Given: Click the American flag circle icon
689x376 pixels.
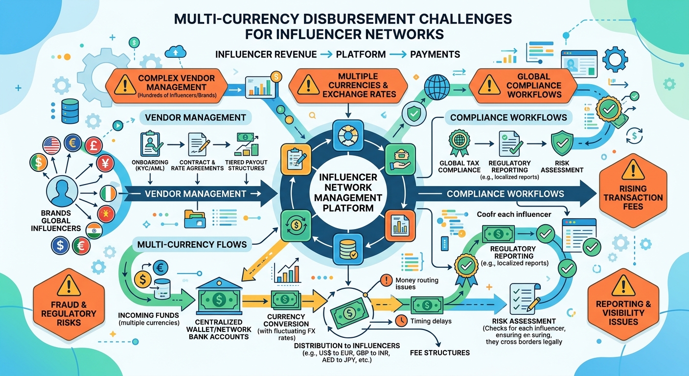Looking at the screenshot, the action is tap(52, 145).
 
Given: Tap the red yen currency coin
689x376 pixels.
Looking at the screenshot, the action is tap(105, 163).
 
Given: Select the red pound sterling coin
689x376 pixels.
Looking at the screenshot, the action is tap(94, 145).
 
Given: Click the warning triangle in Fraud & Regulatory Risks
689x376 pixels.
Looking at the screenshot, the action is tap(69, 285).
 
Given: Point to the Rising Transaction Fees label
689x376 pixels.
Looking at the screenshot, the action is tap(633, 197).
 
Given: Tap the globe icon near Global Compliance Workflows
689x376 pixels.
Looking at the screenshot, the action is tap(437, 87).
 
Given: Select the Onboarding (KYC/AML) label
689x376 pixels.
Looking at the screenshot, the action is tap(150, 165).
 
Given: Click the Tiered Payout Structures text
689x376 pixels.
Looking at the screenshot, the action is tap(246, 165).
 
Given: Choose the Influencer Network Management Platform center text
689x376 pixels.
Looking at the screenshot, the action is tap(348, 192).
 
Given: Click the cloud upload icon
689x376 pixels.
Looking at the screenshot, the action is tap(176, 52).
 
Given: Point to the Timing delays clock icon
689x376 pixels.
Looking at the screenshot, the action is tap(401, 321).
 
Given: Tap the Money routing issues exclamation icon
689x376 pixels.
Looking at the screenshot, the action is tap(386, 281).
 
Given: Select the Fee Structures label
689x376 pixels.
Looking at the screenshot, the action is tap(440, 352).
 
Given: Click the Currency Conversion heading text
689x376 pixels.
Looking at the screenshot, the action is tap(286, 320).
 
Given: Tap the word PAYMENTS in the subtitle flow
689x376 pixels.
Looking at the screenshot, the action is tap(435, 54).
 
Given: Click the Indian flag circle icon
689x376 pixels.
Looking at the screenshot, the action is tap(94, 231).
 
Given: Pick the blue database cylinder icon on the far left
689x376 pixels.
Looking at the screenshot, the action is tap(70, 111).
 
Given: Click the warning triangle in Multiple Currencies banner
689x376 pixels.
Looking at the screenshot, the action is tap(308, 85).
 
